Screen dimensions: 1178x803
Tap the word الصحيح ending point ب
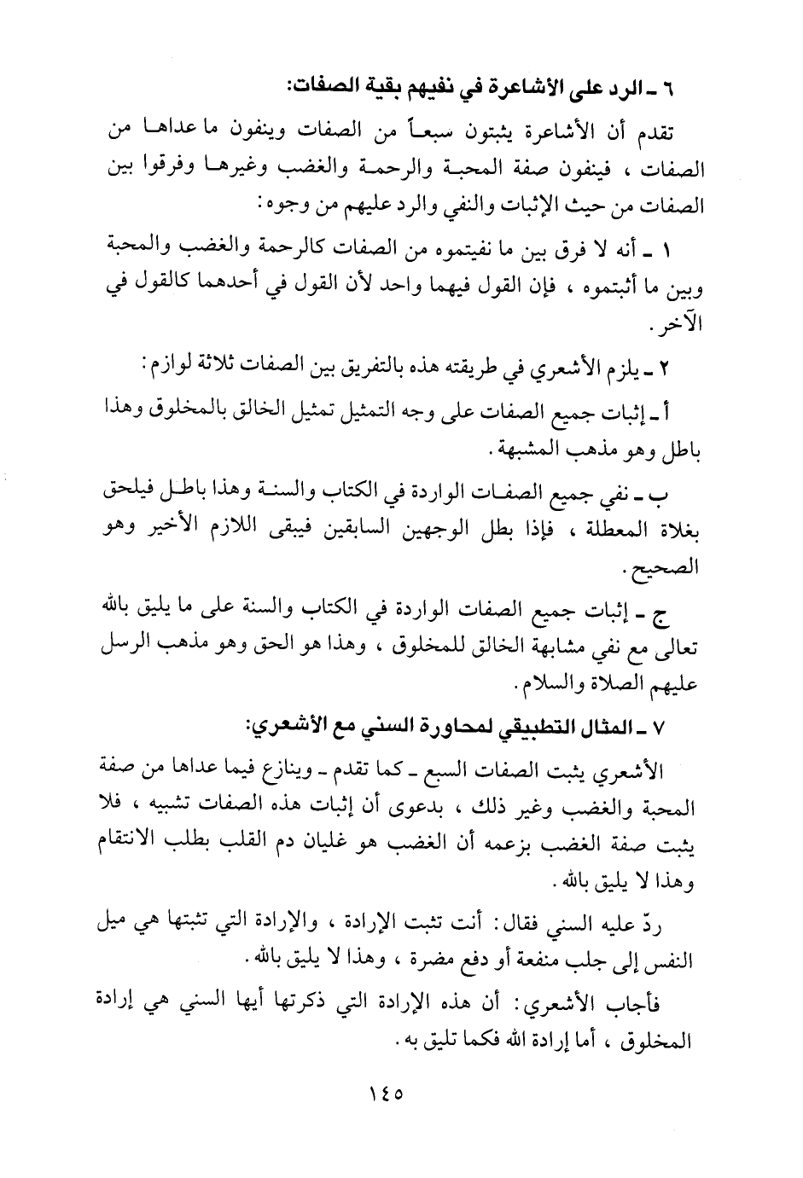click(x=671, y=568)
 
